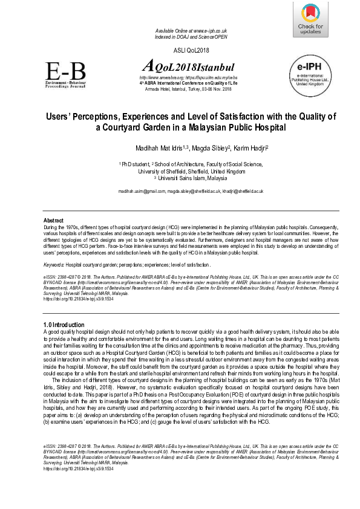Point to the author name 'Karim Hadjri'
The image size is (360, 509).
(x=250, y=148)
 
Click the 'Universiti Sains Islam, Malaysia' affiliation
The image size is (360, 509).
(x=191, y=178)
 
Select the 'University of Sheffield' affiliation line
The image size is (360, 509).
(x=192, y=171)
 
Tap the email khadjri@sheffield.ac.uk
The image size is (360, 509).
(x=241, y=191)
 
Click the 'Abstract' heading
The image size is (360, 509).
(x=54, y=219)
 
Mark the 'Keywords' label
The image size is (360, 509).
(x=54, y=265)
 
